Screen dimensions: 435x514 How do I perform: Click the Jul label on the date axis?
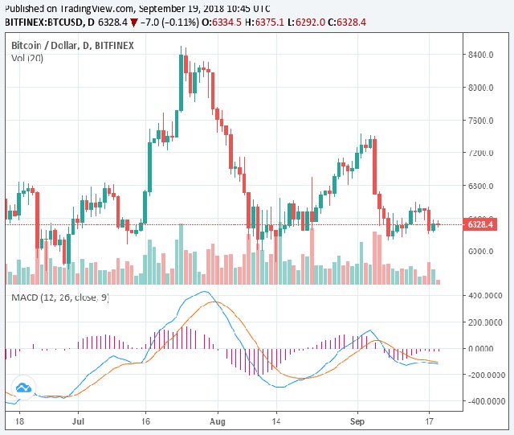(79, 420)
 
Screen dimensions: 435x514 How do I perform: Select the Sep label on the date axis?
(357, 420)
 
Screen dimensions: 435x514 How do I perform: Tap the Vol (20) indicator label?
(29, 59)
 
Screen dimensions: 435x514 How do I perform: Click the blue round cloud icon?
(23, 388)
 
